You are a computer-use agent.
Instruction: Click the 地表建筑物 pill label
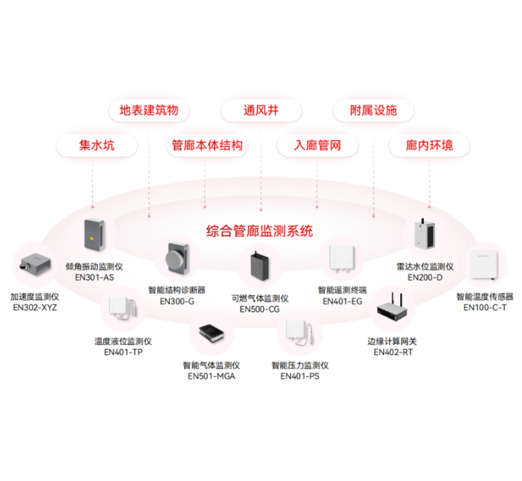pyautogui.click(x=149, y=110)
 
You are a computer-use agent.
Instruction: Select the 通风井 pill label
pyautogui.click(x=261, y=110)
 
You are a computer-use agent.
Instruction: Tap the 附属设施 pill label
pyautogui.click(x=373, y=110)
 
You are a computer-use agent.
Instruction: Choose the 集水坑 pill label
pyautogui.click(x=97, y=145)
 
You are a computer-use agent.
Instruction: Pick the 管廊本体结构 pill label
pyautogui.click(x=207, y=145)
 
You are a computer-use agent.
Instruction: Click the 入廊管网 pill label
pyautogui.click(x=317, y=145)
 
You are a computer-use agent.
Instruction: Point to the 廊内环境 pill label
pyautogui.click(x=429, y=145)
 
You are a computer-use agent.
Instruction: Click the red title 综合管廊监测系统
pyautogui.click(x=259, y=231)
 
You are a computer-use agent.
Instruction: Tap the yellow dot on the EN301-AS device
pyautogui.click(x=91, y=238)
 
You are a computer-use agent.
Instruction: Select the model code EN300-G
pyautogui.click(x=177, y=301)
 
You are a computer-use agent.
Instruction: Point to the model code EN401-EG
pyautogui.click(x=342, y=301)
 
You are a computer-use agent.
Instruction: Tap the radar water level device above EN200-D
pyautogui.click(x=425, y=234)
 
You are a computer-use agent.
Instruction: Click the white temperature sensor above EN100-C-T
pyautogui.click(x=484, y=265)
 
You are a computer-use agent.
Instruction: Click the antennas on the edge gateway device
pyautogui.click(x=397, y=298)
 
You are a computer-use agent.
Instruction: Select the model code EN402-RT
pyautogui.click(x=393, y=352)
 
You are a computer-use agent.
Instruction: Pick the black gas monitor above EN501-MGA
pyautogui.click(x=212, y=333)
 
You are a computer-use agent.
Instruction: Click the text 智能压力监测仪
pyautogui.click(x=300, y=365)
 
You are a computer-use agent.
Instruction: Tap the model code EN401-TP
pyautogui.click(x=123, y=352)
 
